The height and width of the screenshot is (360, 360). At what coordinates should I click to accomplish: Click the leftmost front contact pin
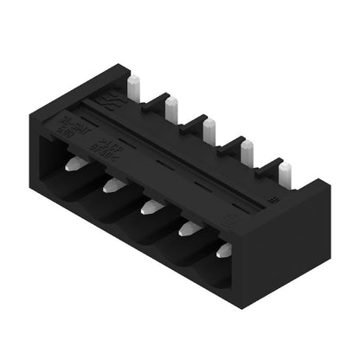coord(75,164)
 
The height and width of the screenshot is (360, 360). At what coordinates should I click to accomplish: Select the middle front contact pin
coord(150,206)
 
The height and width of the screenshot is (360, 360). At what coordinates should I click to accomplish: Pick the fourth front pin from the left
coord(186,228)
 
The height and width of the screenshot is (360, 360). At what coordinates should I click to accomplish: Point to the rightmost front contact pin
coord(223,251)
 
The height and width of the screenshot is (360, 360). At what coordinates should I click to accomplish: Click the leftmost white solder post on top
coord(134,87)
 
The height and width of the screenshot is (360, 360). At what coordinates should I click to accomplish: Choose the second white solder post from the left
coord(172,108)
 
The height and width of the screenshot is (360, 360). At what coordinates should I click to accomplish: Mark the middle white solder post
coord(209,131)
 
